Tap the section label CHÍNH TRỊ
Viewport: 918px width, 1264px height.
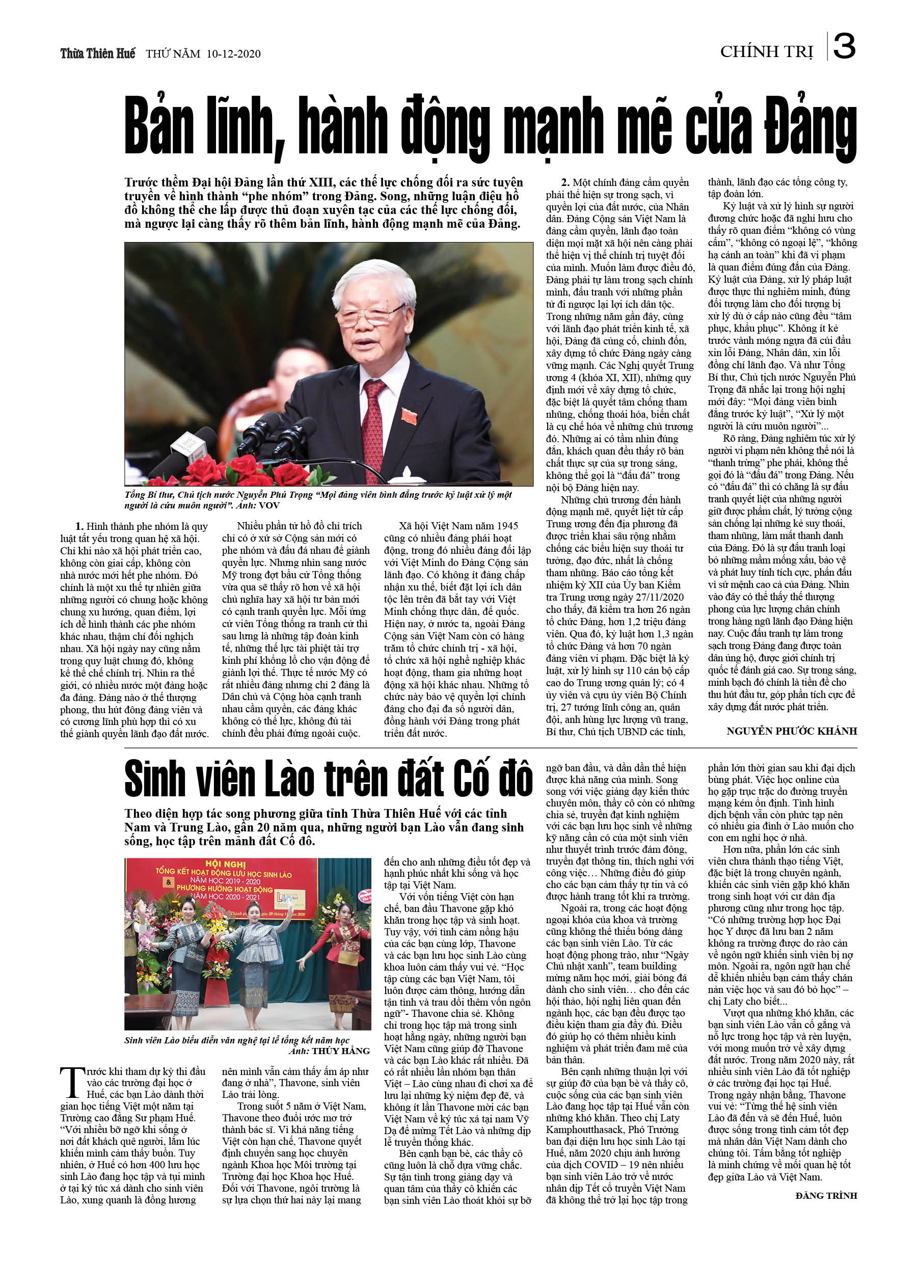[766, 52]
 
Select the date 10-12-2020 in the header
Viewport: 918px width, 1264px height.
[233, 54]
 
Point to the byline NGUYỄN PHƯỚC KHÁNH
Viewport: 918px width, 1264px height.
[792, 731]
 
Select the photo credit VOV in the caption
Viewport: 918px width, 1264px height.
[269, 505]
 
